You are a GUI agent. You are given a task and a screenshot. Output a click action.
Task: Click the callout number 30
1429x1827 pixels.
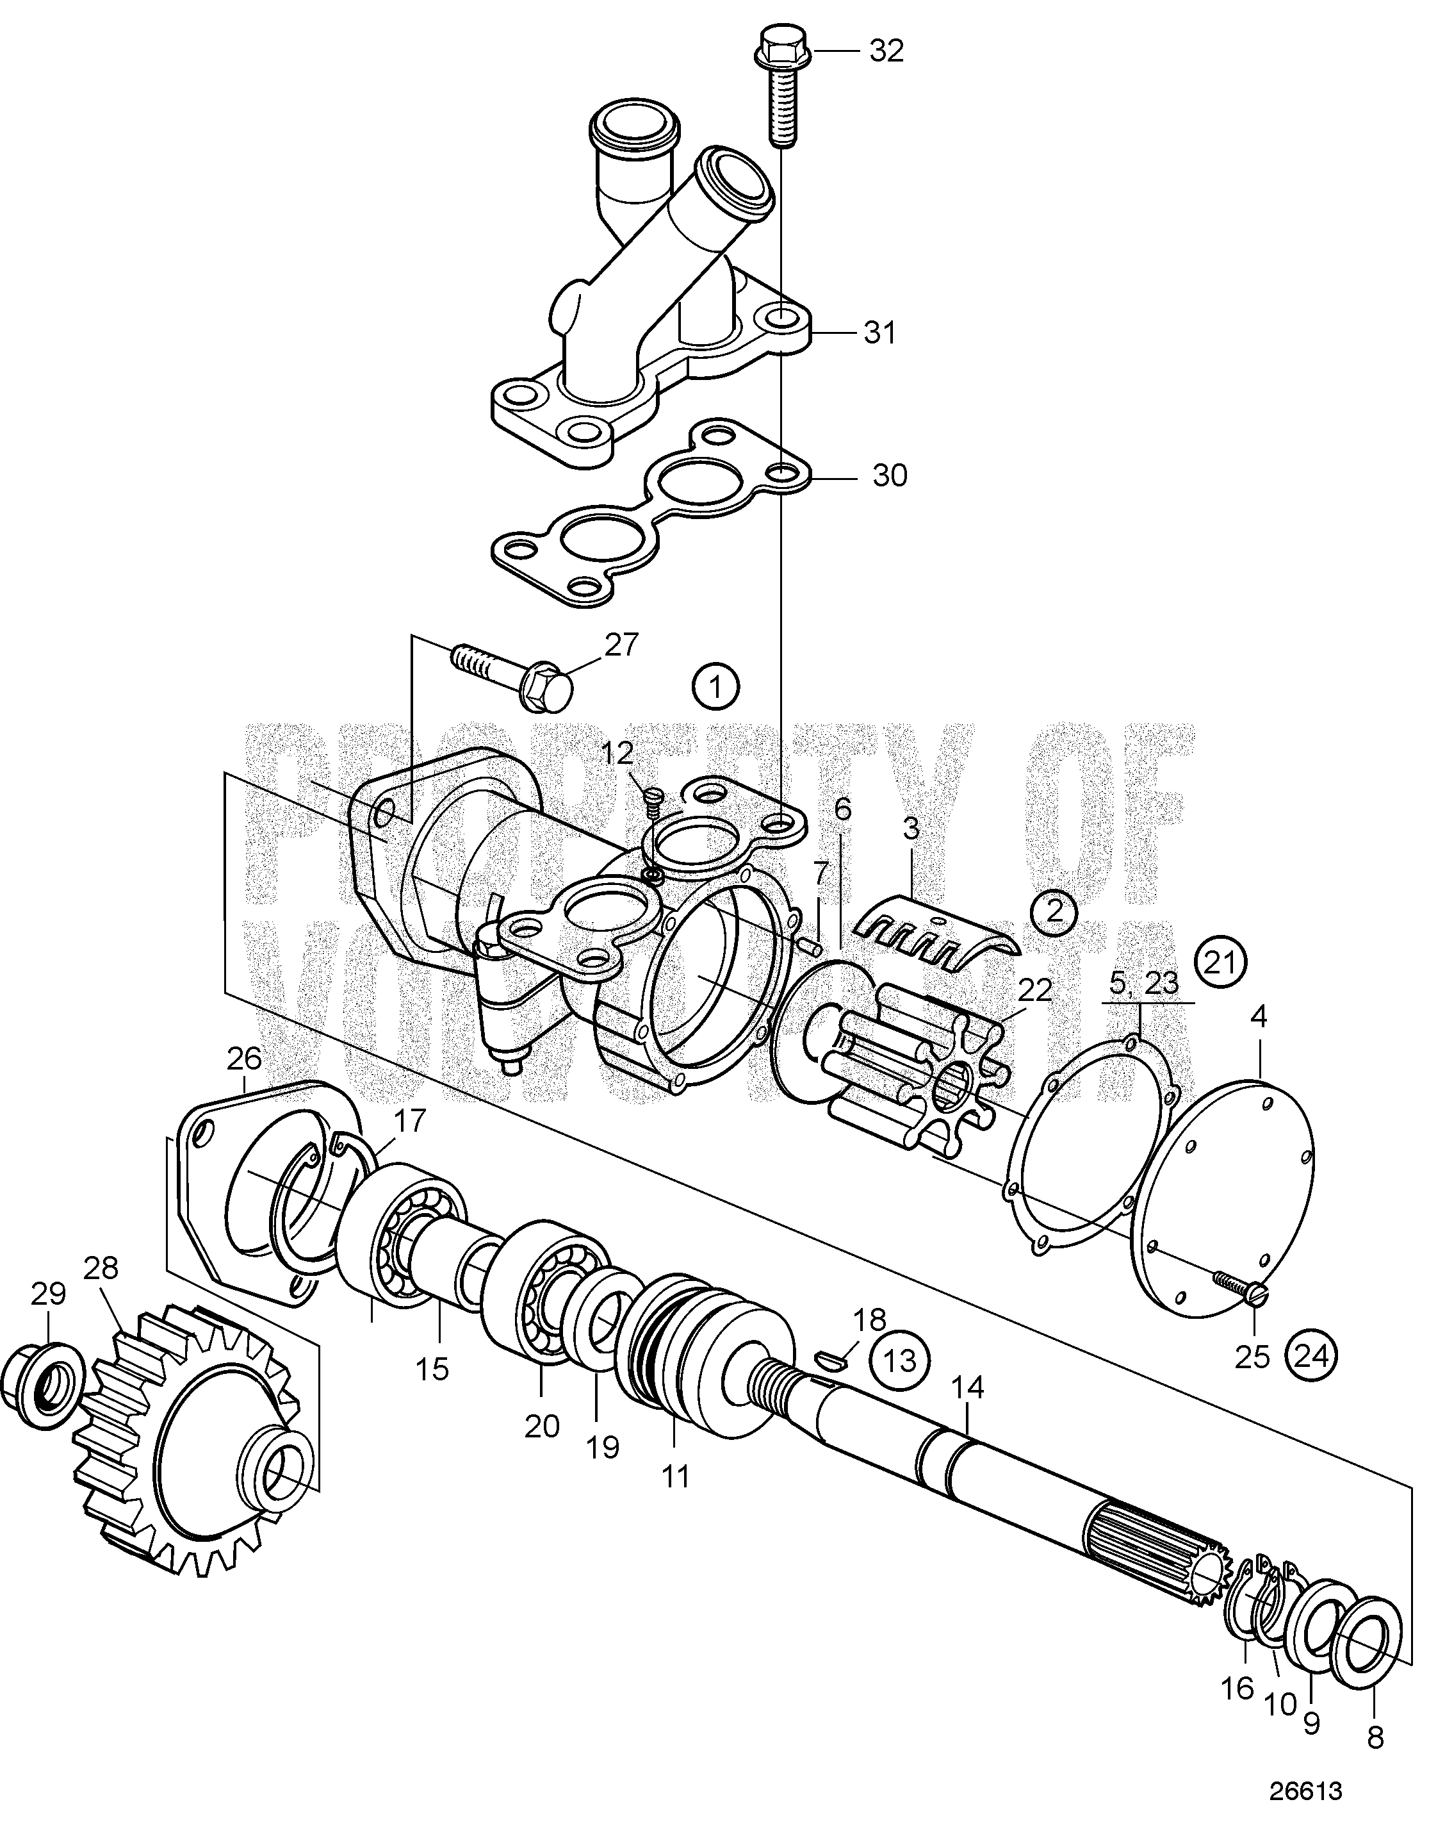pyautogui.click(x=889, y=476)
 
